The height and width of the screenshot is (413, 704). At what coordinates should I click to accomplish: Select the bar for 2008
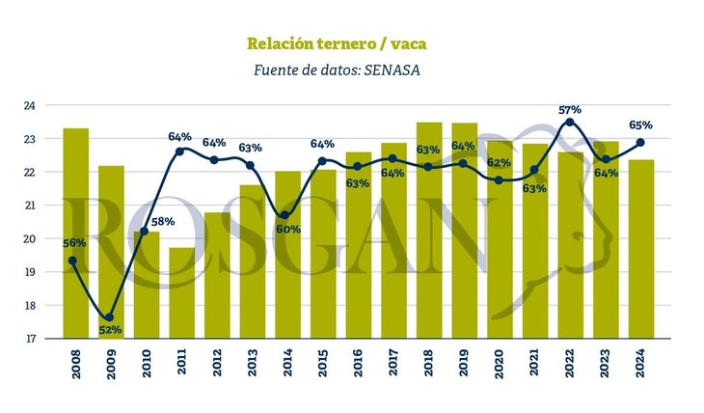(75, 233)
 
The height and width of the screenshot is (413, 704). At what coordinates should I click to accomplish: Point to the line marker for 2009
(109, 317)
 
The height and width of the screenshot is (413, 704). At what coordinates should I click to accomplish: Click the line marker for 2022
(570, 122)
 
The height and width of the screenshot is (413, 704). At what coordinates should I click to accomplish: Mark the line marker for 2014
(285, 215)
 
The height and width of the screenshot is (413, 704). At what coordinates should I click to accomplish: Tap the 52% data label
(111, 331)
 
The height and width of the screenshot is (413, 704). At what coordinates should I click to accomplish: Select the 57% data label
(570, 109)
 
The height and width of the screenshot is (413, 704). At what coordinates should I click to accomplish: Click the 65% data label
(640, 125)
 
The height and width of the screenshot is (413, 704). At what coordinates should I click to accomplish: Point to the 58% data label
(162, 222)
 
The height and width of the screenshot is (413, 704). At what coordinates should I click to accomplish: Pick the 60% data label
(288, 230)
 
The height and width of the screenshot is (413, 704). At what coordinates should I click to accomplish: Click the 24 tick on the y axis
(29, 105)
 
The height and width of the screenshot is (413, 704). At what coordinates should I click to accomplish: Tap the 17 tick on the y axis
(29, 339)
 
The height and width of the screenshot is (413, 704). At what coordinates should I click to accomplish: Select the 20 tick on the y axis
(29, 238)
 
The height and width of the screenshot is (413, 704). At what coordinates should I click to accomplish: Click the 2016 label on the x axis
(358, 369)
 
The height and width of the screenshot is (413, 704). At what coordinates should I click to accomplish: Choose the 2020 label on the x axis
(500, 369)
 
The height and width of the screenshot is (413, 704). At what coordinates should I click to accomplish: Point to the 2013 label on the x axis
(252, 369)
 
